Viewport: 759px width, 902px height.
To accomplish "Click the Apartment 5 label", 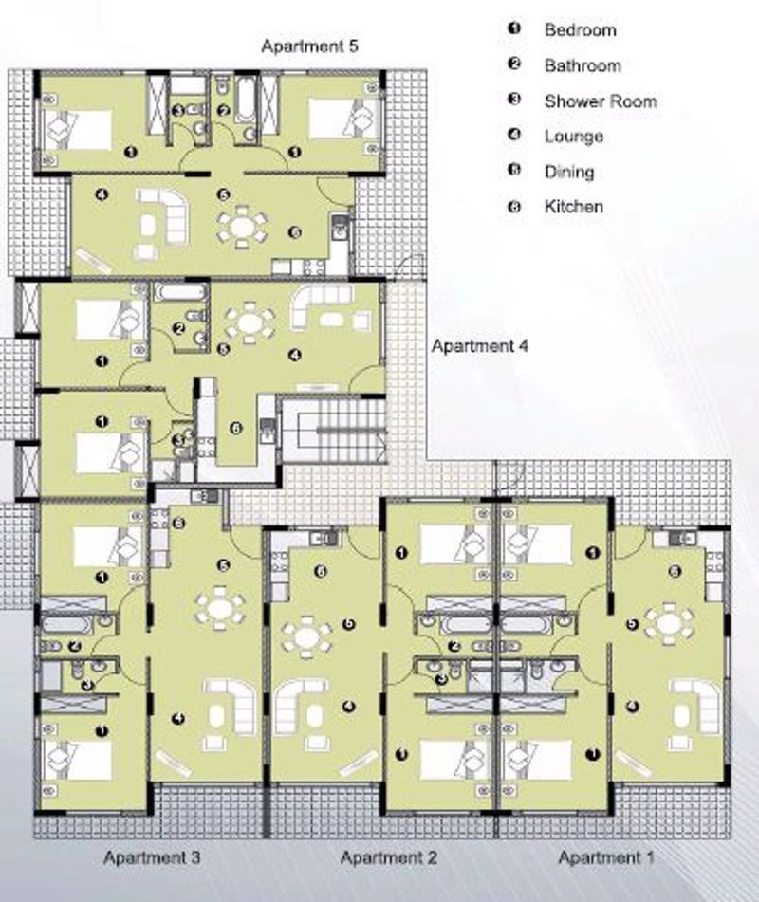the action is pos(309,46).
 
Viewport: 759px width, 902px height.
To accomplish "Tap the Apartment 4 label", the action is pos(480,346).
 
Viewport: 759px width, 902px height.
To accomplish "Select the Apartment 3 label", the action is pos(152,857).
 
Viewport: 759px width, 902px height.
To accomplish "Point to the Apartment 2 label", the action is pos(389,857).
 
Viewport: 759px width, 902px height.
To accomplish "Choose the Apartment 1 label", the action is pos(606,857).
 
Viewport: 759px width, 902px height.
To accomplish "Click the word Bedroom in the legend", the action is pos(580,30).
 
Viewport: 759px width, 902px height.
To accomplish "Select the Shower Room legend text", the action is pos(601,101).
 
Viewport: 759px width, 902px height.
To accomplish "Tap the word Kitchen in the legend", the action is pos(574,207).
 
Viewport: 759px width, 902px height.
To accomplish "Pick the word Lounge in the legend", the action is pos(574,137).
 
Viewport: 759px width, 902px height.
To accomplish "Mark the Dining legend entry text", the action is pos(569,172).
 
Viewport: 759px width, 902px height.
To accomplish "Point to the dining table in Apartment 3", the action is pos(220,608).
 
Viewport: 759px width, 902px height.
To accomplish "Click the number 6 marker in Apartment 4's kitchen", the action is pos(235,429).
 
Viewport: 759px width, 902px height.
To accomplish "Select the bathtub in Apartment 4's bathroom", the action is pos(180,292).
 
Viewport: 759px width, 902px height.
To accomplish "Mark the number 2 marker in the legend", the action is pos(514,64).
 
